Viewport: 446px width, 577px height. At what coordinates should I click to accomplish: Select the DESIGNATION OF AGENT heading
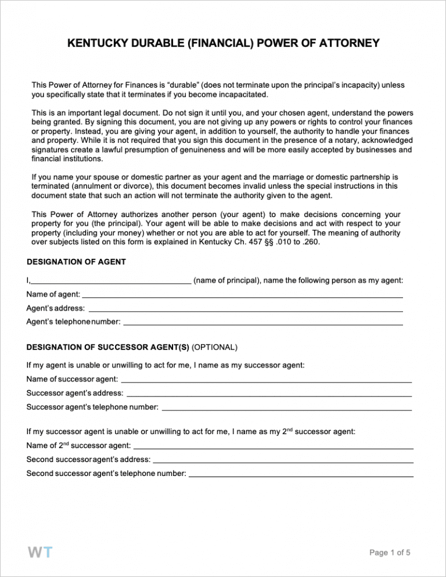coord(76,262)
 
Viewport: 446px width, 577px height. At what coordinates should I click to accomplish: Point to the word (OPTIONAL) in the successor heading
coord(214,348)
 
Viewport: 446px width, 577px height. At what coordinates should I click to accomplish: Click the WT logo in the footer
coord(39,552)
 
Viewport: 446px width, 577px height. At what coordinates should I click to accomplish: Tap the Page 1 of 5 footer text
coord(390,553)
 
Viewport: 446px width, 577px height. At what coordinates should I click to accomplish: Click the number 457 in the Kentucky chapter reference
coord(271,243)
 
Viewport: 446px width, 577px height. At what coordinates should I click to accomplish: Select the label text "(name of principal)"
coord(226,281)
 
